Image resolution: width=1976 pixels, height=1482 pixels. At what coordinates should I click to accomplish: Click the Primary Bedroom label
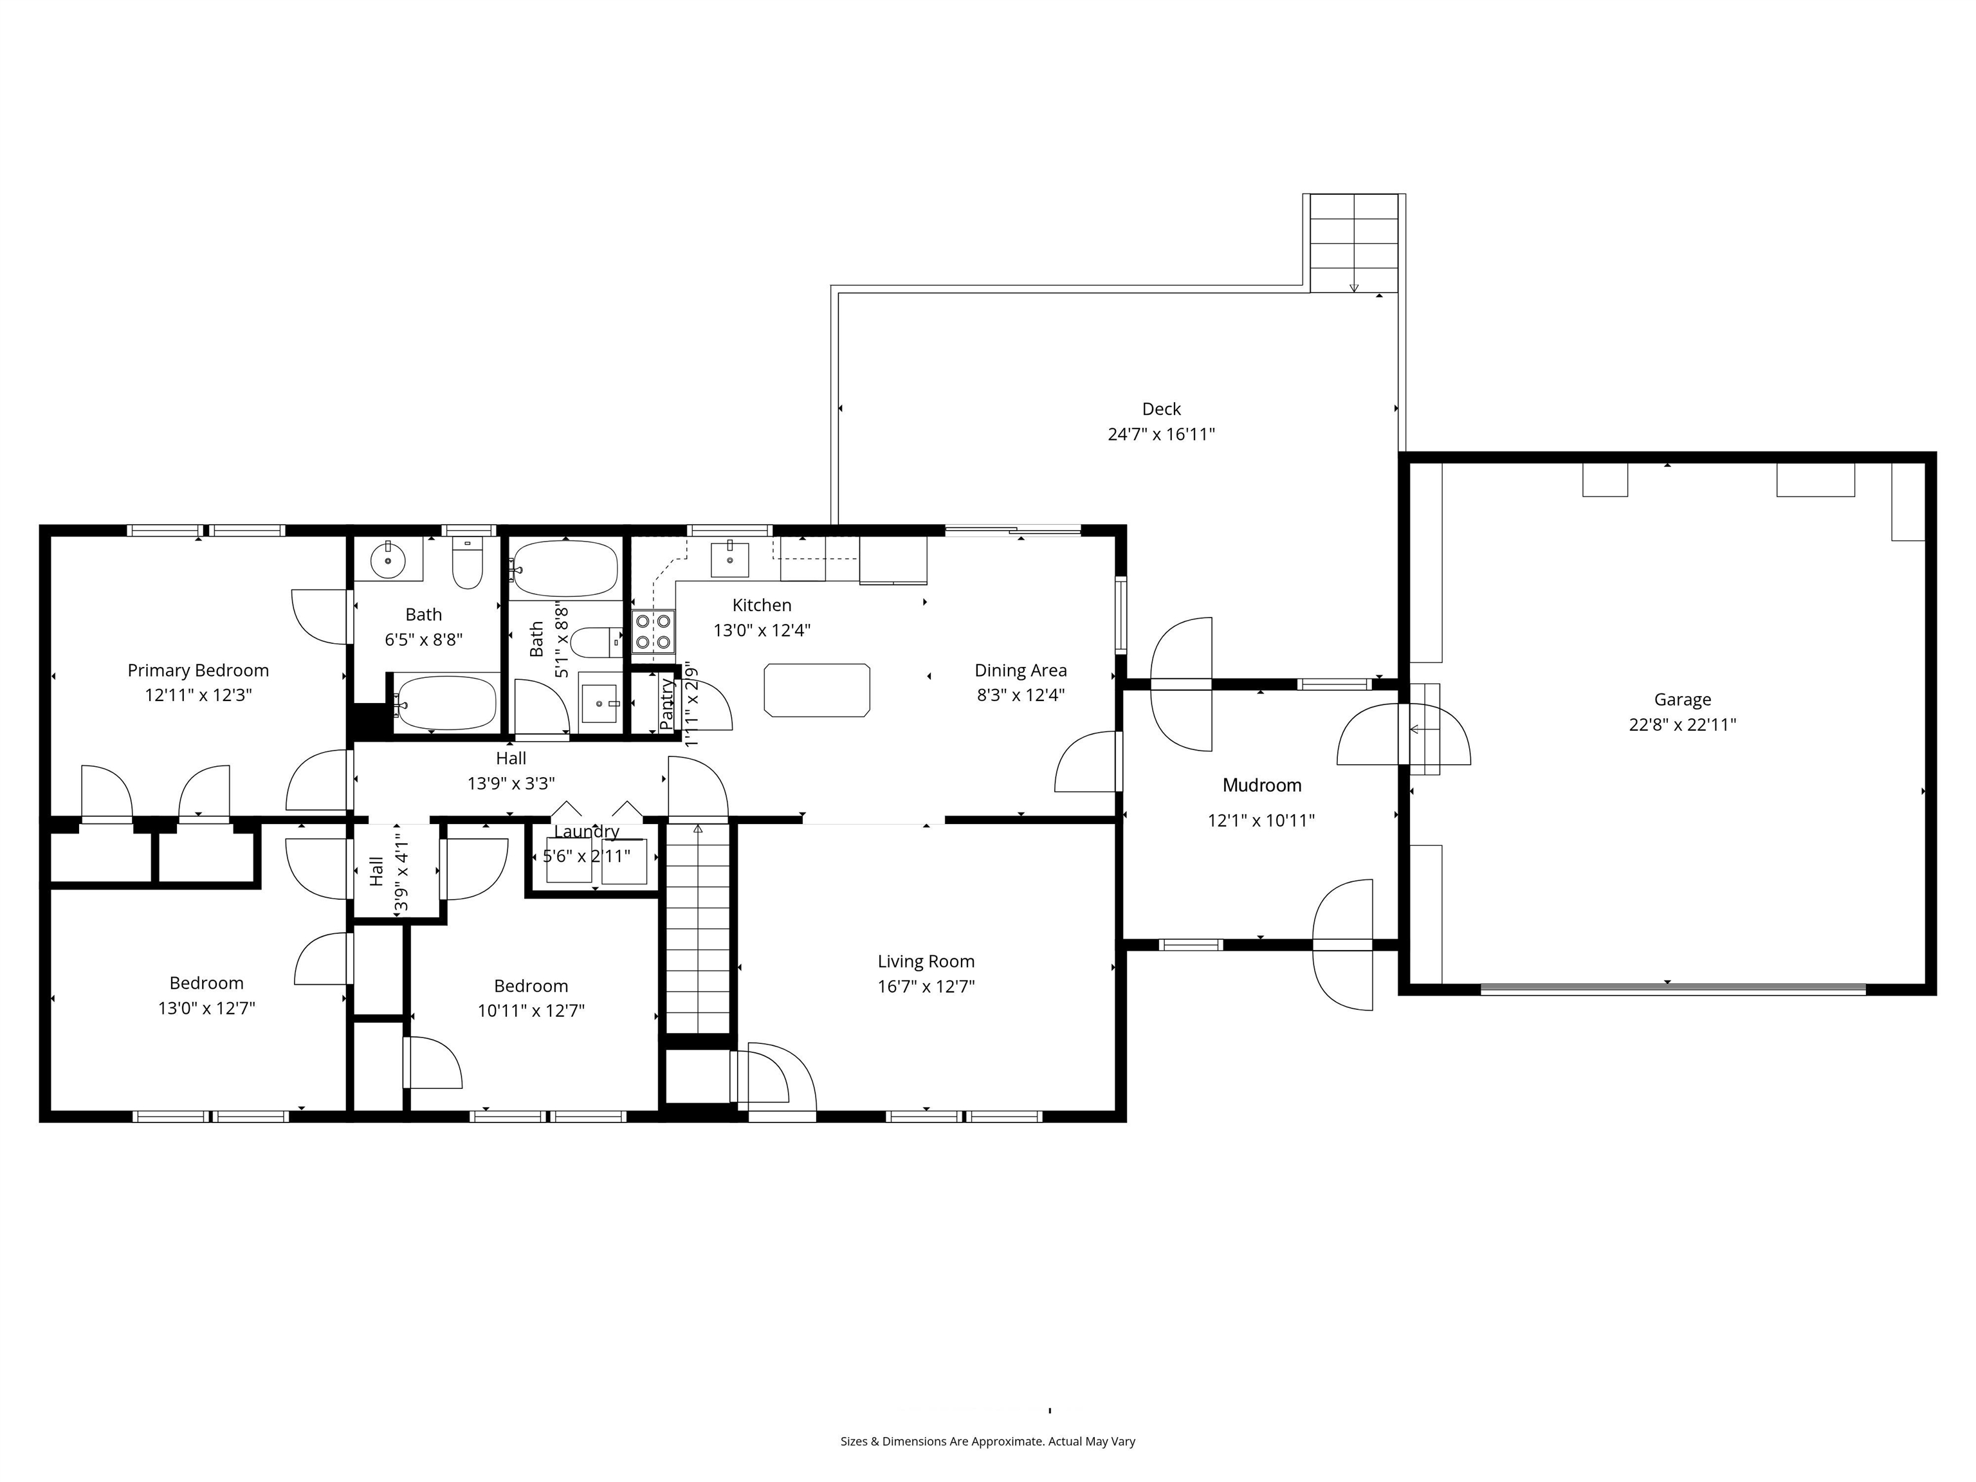pos(197,671)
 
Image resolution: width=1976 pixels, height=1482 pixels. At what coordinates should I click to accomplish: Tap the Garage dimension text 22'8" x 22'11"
pos(1682,724)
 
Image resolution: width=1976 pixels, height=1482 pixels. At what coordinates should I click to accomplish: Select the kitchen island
pos(816,690)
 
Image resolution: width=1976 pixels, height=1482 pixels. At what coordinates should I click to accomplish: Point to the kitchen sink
pos(730,558)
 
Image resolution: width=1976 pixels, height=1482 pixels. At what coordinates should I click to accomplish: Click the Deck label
pos(1161,409)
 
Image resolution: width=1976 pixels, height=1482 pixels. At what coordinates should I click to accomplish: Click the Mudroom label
pos(1261,785)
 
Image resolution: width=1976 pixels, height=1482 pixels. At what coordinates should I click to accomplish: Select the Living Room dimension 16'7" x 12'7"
pos(926,986)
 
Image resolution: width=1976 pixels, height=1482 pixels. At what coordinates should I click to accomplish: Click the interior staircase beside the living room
pos(698,929)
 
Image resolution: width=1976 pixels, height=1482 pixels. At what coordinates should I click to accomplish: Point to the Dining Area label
pos(1020,671)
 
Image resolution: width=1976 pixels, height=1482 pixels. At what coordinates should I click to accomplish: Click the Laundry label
pos(586,832)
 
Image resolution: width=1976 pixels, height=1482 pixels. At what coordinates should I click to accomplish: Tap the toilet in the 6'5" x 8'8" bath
pos(467,563)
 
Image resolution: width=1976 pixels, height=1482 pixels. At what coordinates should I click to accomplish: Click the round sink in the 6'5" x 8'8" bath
pos(388,560)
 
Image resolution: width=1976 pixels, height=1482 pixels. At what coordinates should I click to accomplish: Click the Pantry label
pos(666,704)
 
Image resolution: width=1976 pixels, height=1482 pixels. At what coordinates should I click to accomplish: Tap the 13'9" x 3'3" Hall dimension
pos(511,783)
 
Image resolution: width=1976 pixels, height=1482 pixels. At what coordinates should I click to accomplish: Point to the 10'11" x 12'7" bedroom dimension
pos(531,1011)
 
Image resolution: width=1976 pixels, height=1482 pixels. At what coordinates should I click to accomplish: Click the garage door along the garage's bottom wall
pos(1672,988)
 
